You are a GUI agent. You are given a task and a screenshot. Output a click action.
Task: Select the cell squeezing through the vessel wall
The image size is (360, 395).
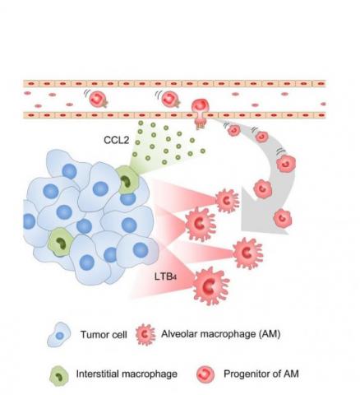coord(201,109)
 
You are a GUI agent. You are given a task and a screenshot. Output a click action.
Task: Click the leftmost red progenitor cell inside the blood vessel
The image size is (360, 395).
coord(98,98)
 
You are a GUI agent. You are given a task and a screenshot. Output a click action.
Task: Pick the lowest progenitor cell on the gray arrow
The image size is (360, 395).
coord(281,218)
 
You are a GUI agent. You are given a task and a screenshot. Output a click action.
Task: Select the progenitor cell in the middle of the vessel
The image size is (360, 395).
coord(169,99)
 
